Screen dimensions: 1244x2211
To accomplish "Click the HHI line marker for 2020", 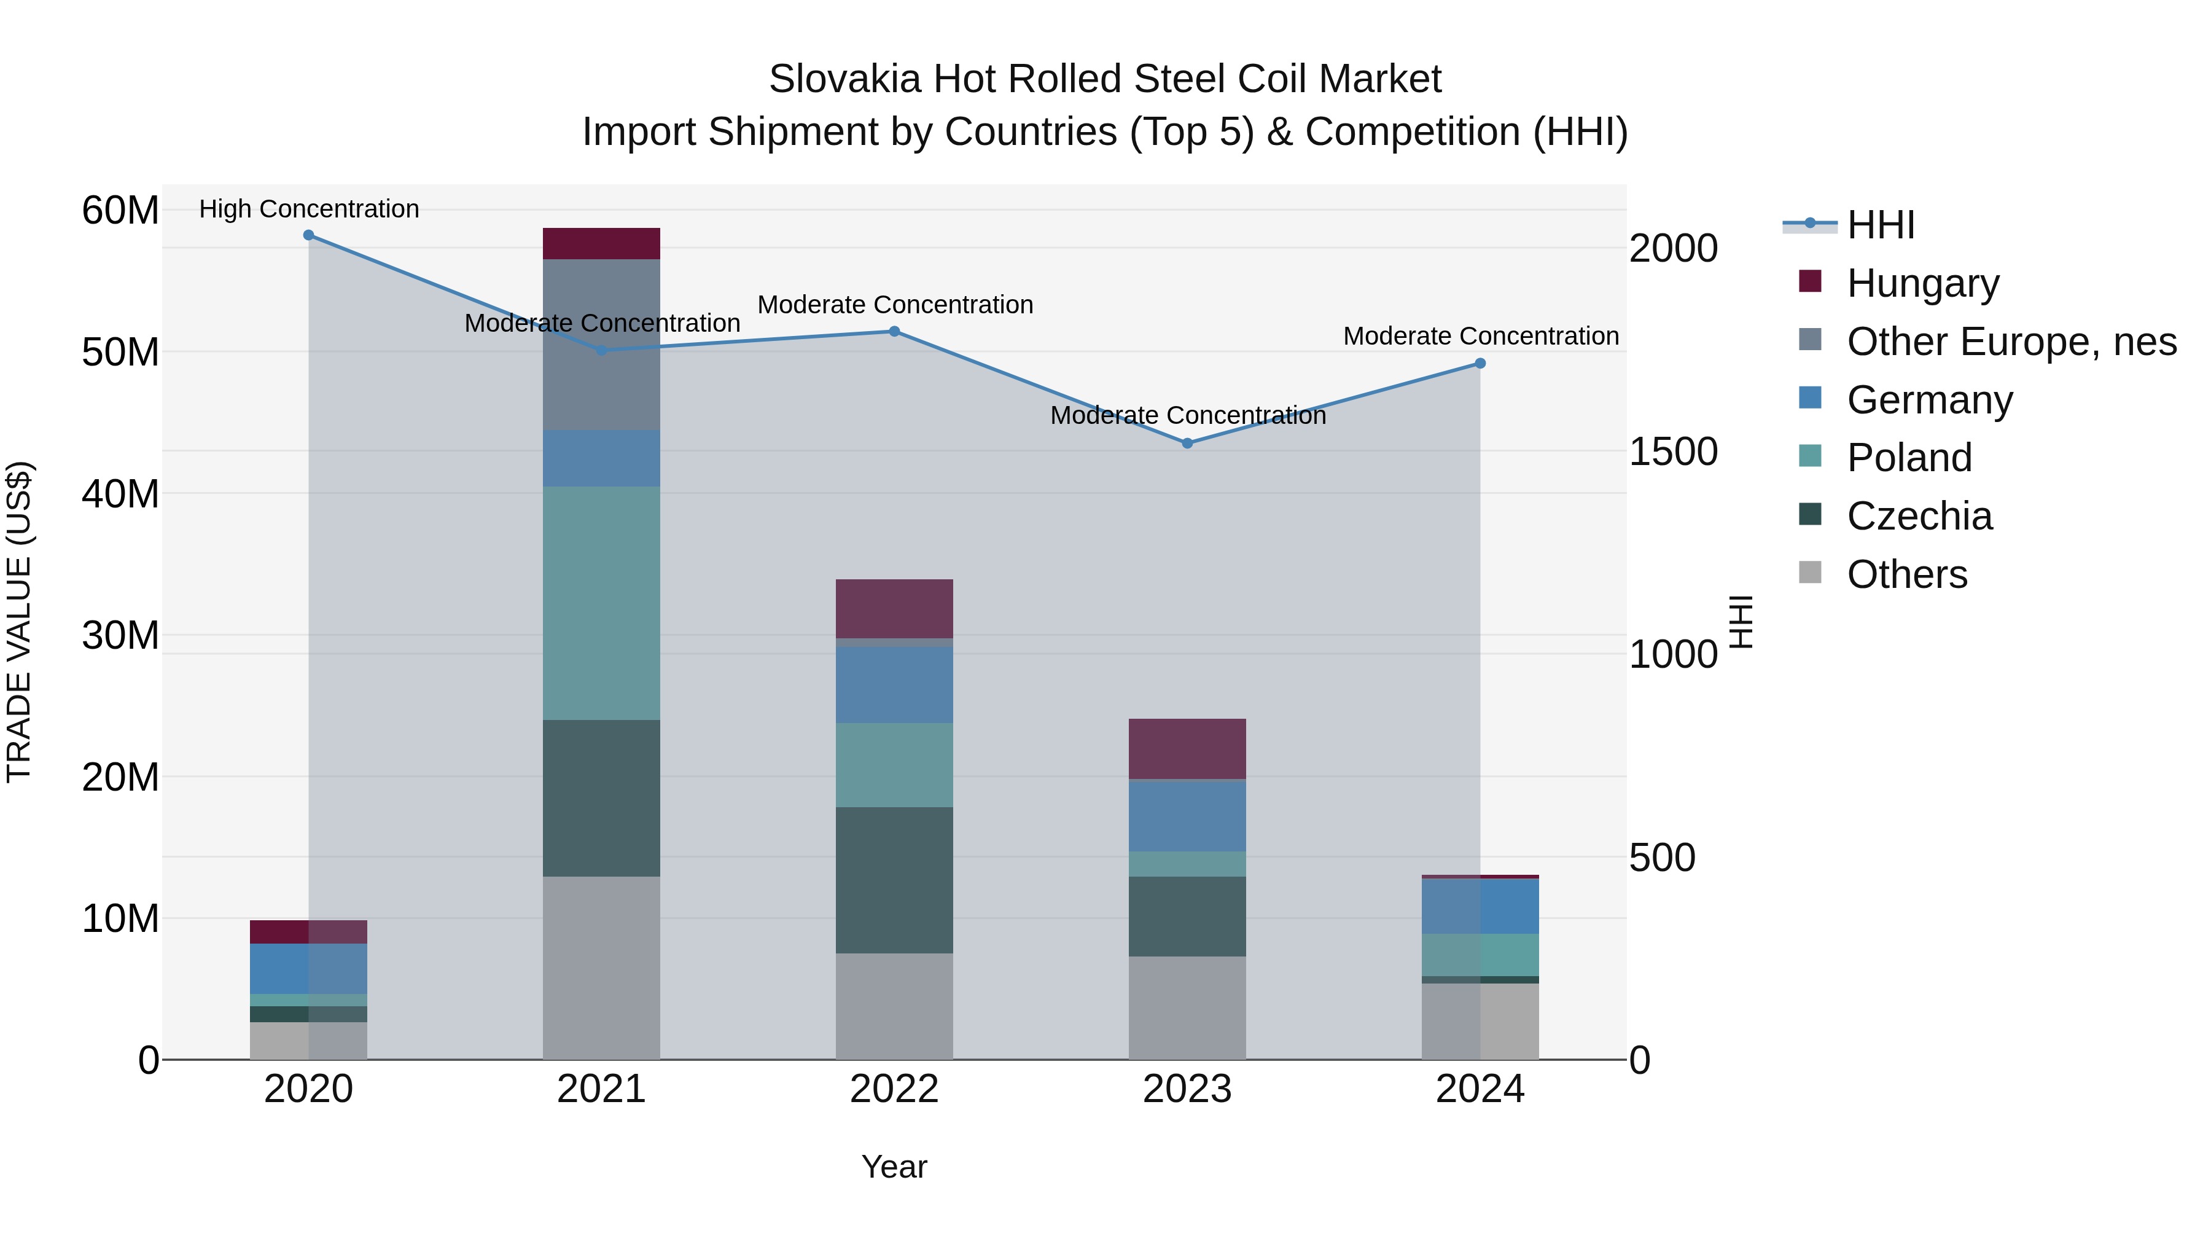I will (308, 235).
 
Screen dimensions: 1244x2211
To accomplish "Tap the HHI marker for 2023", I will (1187, 443).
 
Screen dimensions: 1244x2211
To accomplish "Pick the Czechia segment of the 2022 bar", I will (894, 879).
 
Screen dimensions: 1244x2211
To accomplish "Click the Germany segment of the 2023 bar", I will (1187, 816).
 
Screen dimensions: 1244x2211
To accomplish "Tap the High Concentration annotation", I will (309, 209).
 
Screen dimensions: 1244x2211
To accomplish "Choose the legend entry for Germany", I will (1928, 400).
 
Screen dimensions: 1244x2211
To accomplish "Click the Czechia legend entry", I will (1918, 516).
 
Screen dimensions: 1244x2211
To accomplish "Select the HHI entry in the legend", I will (1880, 225).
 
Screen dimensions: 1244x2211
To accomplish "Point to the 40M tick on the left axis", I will (120, 494).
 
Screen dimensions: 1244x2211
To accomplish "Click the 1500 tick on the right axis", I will (1673, 452).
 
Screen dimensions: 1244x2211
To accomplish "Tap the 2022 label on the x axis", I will (894, 1089).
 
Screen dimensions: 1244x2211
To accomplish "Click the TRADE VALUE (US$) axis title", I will (19, 622).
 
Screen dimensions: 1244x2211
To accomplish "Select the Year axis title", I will (894, 1167).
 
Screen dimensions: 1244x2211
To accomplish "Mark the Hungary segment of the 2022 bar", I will (894, 608).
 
